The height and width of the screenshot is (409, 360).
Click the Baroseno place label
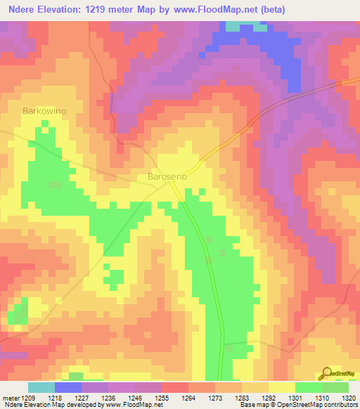[167, 177]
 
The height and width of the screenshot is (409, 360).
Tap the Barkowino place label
[44, 111]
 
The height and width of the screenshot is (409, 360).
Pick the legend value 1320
[348, 397]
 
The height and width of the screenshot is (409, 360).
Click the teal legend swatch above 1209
[41, 387]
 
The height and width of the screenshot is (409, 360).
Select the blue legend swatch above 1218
[68, 387]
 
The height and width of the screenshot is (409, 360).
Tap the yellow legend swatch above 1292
[282, 387]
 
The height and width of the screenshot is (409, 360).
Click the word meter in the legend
[10, 397]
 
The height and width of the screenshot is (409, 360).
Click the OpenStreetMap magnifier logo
[326, 373]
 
